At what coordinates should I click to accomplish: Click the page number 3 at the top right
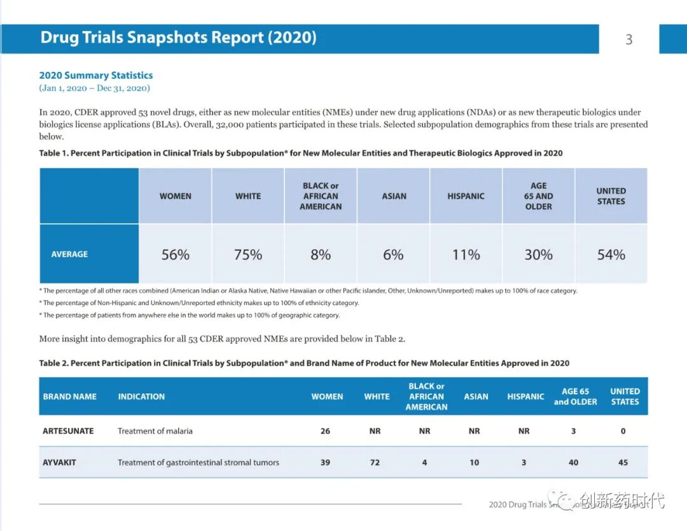628,39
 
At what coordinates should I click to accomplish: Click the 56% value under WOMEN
175,255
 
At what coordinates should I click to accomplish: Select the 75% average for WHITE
247,255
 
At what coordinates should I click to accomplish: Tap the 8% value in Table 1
321,255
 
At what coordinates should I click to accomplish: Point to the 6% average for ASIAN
393,255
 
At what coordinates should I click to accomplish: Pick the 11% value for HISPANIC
466,255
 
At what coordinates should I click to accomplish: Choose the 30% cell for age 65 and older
538,255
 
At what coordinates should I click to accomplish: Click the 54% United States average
611,255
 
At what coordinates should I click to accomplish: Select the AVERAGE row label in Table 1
69,254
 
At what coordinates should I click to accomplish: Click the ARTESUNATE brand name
68,431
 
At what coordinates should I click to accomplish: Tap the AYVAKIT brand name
59,462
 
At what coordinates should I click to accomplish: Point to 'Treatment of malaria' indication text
155,431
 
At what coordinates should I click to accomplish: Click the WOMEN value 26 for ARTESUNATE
325,431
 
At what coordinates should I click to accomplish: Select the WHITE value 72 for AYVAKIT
375,462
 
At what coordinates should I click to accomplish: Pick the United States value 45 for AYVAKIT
623,462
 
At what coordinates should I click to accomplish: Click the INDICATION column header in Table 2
141,396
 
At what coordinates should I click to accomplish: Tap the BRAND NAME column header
70,396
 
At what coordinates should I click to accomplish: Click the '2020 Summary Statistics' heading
96,75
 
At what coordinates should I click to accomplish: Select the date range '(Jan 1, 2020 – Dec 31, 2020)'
94,88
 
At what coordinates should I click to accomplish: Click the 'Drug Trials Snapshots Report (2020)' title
178,37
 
